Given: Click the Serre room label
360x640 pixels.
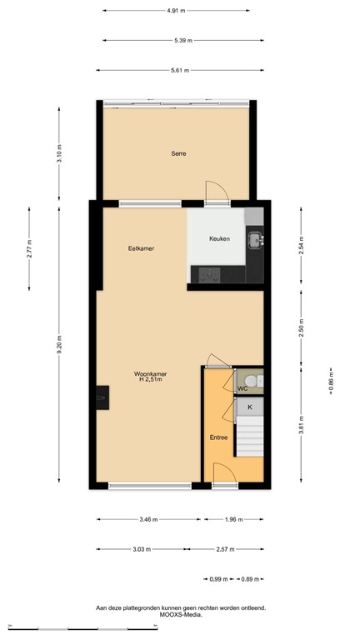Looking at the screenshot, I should [178, 153].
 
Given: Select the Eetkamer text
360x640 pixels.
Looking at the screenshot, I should [141, 248].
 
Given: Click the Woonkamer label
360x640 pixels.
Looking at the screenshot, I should [150, 374].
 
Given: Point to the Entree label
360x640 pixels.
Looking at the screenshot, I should [218, 437].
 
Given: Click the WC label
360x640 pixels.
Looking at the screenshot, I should [242, 388].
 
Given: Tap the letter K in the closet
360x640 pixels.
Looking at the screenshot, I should [248, 407].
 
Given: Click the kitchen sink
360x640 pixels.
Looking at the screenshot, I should [254, 242].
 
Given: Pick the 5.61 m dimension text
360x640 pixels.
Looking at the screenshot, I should [179, 70].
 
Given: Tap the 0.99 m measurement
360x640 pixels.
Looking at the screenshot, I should [217, 578].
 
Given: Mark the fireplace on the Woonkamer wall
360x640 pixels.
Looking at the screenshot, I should [102, 399].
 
